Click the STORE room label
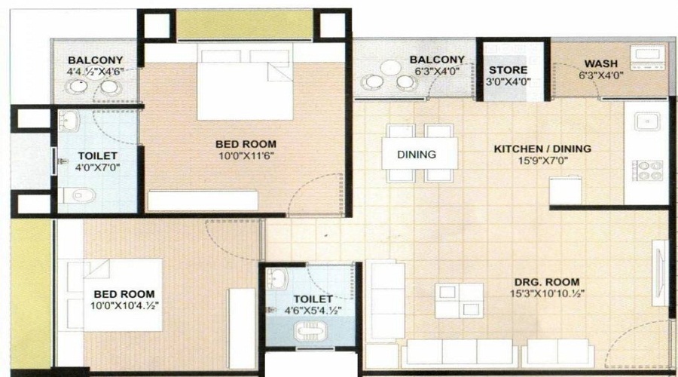(509, 70)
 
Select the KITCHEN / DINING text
(542, 149)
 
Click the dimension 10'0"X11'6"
(245, 156)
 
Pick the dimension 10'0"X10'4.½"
(124, 306)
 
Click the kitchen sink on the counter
(647, 123)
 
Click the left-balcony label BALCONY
(95, 60)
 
